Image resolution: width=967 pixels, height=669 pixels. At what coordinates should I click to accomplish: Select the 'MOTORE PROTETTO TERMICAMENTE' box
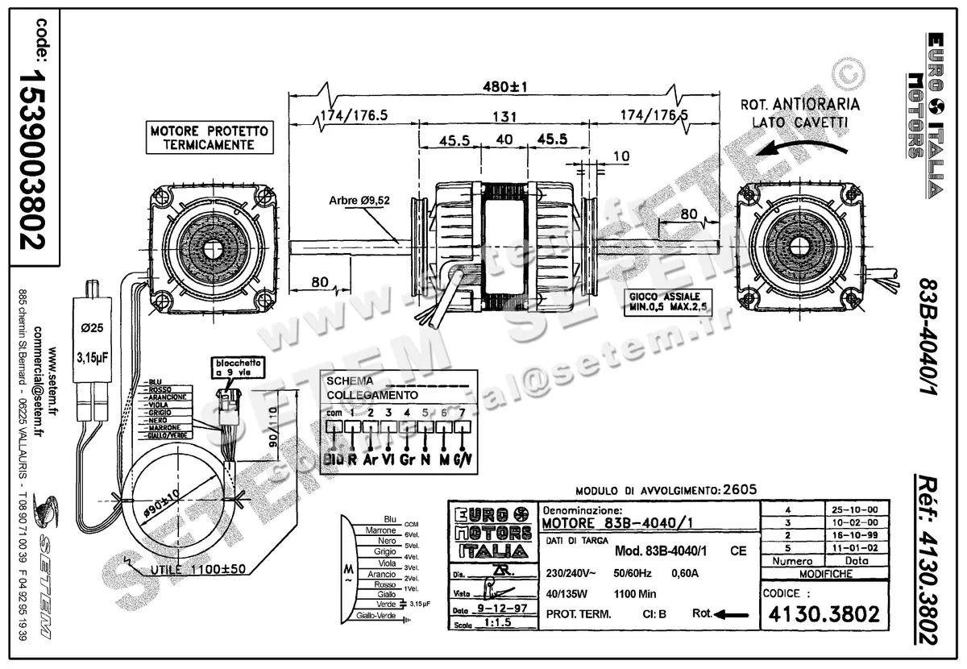[209, 138]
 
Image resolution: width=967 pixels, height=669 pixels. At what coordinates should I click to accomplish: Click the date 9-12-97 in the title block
[502, 609]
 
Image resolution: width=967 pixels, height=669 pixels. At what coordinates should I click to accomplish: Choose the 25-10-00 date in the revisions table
[856, 509]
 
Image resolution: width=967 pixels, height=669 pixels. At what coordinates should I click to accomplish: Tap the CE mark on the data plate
[737, 551]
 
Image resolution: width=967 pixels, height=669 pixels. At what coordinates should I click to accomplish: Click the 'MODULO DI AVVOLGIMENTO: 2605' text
[654, 489]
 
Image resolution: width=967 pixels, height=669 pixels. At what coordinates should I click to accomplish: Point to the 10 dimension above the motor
[621, 156]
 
